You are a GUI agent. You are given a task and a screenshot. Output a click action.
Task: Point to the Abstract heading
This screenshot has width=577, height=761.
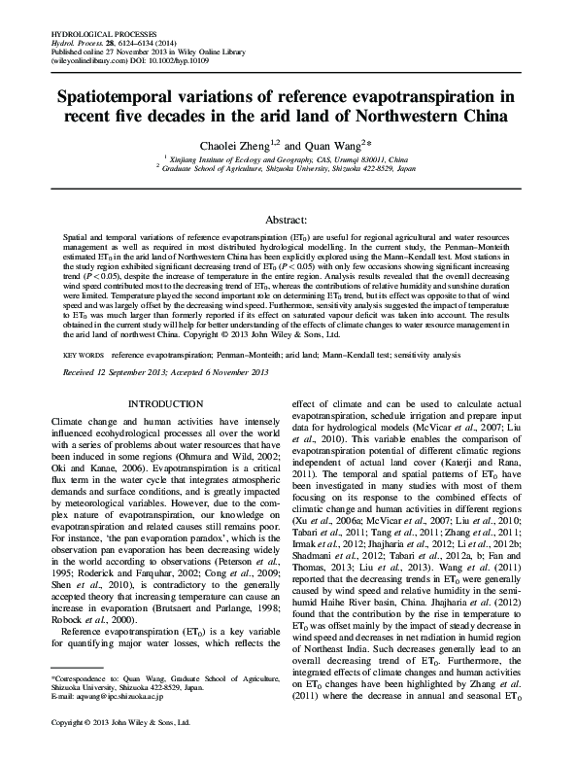pos(288,221)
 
